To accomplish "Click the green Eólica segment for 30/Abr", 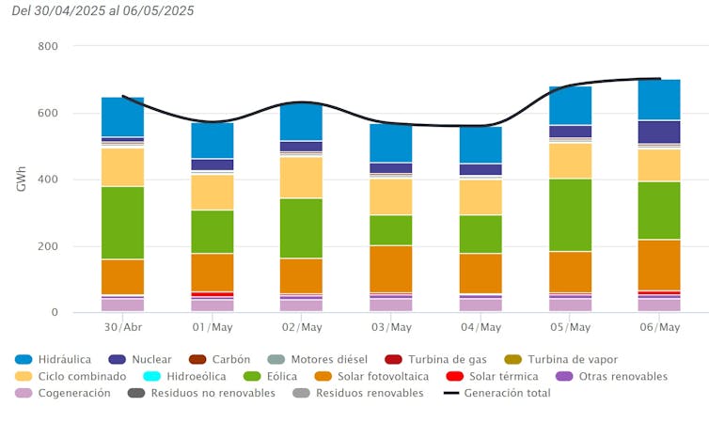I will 123,223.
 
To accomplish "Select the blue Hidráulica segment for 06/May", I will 659,100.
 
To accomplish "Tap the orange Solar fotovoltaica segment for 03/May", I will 391,268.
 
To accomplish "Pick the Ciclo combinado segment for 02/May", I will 302,178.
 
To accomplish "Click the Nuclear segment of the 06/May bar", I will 659,132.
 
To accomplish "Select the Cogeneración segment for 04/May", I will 481,305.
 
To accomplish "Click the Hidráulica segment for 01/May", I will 213,140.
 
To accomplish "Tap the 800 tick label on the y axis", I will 48,46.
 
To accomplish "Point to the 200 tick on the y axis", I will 48,246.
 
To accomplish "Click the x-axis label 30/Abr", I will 123,327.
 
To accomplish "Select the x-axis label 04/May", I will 481,327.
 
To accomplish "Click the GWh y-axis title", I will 22,180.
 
